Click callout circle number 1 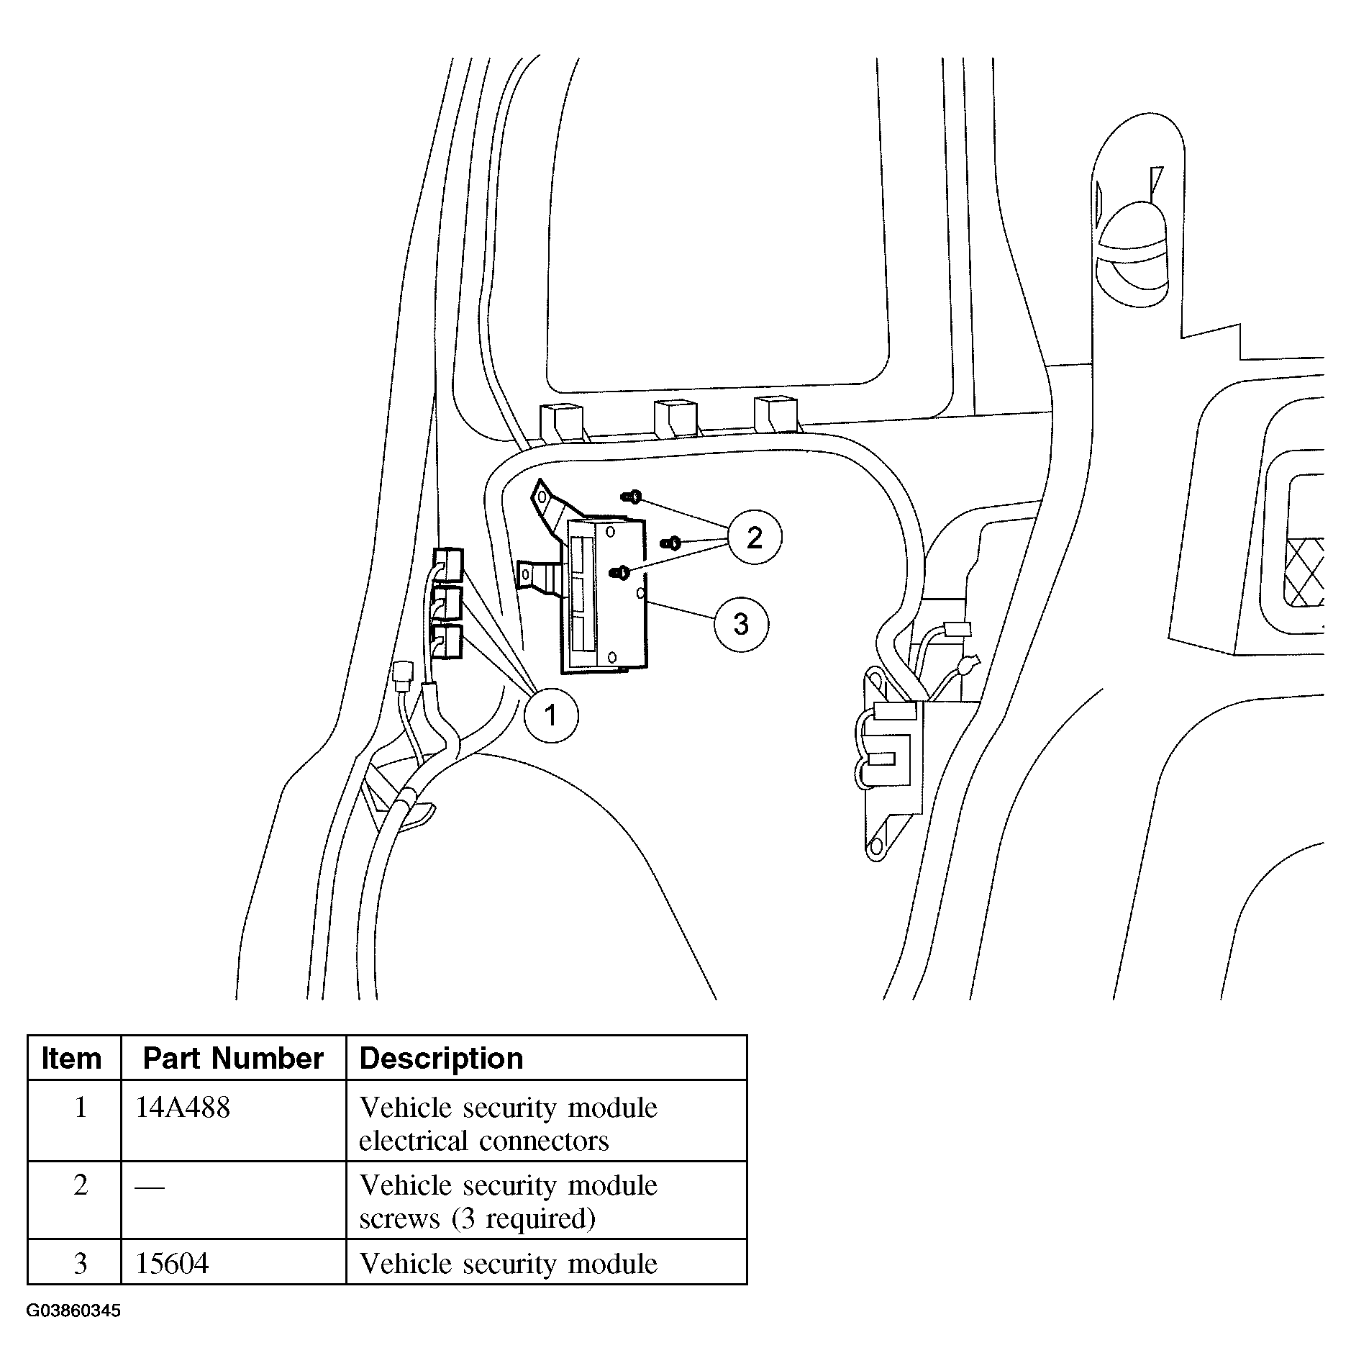(550, 715)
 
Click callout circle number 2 (754, 537)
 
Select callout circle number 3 (741, 623)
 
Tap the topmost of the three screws (632, 497)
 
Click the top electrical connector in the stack (448, 564)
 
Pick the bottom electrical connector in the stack (448, 641)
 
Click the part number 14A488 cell (183, 1108)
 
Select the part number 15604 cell (172, 1263)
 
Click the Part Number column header (233, 1058)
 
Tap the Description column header (441, 1058)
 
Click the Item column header (72, 1058)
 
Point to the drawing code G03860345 (73, 1311)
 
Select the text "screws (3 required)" (477, 1218)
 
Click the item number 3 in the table (81, 1263)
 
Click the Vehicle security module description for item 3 (508, 1264)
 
